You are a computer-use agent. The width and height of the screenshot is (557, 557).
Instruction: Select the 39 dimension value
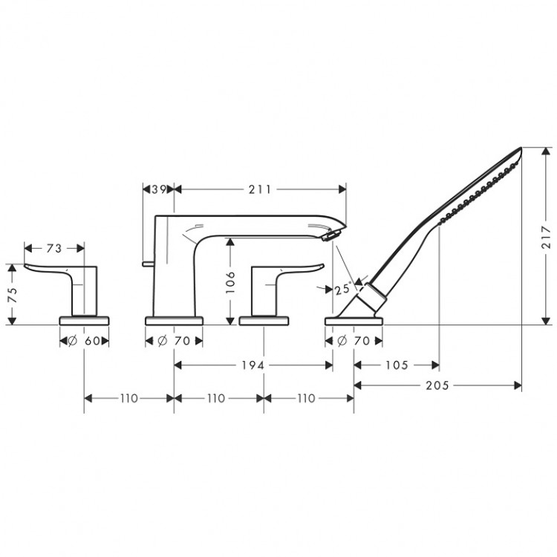pos(157,189)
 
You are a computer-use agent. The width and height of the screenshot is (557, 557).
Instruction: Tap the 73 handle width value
pos(53,248)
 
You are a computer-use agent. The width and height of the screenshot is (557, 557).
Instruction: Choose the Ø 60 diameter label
pos(84,341)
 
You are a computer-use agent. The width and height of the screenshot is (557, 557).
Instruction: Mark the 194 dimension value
pos(254,365)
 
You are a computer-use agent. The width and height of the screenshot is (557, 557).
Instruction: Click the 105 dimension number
pos(396,365)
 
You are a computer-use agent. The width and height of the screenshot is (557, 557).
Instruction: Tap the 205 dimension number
pos(437,385)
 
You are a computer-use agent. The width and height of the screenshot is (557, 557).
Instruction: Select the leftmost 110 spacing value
pos(128,398)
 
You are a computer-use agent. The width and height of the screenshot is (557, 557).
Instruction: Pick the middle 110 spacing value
pos(216,398)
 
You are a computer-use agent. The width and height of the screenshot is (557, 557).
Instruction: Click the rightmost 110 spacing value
pos(305,398)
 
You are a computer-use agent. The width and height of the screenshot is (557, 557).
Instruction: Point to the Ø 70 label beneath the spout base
pos(173,341)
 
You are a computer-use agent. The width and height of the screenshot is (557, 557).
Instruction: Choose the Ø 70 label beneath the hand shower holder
pos(354,341)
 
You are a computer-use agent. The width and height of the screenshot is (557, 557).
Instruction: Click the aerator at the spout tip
pos(329,235)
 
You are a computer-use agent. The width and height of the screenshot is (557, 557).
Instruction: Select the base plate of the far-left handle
pos(84,320)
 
